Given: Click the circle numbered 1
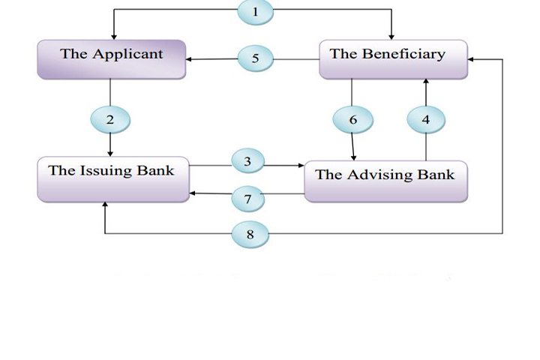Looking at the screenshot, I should pos(255,12).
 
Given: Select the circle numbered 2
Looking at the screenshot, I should pos(110,119).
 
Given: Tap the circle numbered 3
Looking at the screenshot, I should pos(247,161).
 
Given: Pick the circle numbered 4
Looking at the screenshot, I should pos(425,119).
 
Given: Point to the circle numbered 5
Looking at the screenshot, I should pos(256,58).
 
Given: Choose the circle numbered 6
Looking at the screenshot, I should pos(352,119).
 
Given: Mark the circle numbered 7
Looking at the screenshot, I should pos(247,199).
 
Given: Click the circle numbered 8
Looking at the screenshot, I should pos(250,234).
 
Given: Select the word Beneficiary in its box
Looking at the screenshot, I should pos(409,54).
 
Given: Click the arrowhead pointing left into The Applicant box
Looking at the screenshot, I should pos(190,58).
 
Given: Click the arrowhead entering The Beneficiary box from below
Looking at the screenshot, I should pos(425,82).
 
